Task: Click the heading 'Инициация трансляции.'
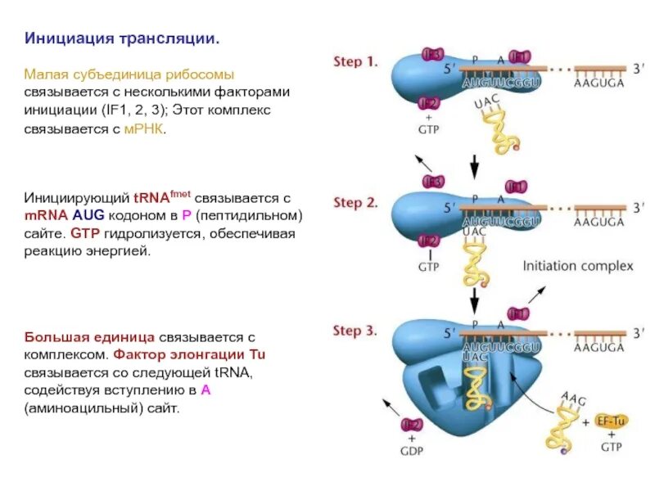coord(122,38)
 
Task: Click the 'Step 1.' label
coord(355,61)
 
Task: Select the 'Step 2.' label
coord(355,201)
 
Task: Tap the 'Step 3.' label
coord(355,331)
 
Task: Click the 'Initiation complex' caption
coord(578,266)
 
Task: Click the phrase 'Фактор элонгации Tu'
coord(189,354)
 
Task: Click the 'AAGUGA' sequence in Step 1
coord(599,83)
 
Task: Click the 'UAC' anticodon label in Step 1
coord(485,103)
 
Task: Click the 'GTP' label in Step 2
coord(429,267)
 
